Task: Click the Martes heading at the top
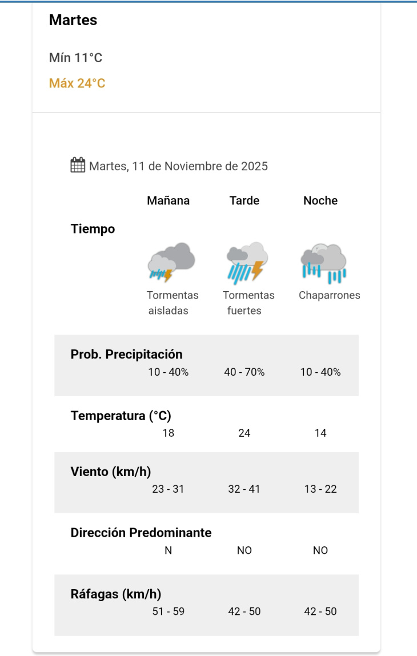pos(73,21)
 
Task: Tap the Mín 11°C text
pos(76,58)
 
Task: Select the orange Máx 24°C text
pos(77,83)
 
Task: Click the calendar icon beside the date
pos(78,166)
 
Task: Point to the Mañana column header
pos(169,201)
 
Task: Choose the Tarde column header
pos(244,201)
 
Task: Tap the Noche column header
pos(320,201)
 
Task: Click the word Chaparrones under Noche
pos(330,296)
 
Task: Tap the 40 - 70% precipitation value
pos(244,372)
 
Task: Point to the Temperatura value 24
pos(244,433)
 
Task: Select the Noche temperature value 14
pos(320,433)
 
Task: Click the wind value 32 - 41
pos(244,489)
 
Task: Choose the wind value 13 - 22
pos(320,489)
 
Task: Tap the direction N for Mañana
pos(169,550)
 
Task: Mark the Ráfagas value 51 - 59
pos(169,611)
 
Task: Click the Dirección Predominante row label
pos(141,533)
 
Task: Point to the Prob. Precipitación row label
pos(127,355)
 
